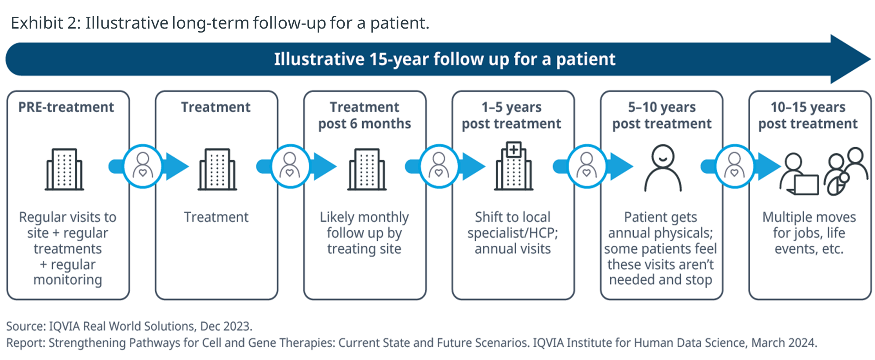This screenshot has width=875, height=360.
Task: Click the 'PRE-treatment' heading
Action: [x=66, y=107]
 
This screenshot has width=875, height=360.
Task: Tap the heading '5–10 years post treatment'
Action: [x=662, y=115]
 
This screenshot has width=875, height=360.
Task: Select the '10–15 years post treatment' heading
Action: [x=808, y=115]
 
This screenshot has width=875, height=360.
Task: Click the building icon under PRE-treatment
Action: [x=64, y=169]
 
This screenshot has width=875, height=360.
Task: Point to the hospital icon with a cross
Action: [x=514, y=166]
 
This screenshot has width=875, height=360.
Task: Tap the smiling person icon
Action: [x=663, y=168]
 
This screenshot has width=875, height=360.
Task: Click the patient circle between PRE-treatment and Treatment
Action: [x=142, y=166]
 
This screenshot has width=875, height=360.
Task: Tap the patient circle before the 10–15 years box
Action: [x=734, y=166]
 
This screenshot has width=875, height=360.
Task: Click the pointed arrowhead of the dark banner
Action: [x=870, y=59]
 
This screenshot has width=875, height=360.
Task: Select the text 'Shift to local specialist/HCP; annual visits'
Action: [x=513, y=233]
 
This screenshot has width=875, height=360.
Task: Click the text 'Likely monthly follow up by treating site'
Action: [x=364, y=233]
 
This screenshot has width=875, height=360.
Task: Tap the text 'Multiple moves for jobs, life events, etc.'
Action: [x=809, y=233]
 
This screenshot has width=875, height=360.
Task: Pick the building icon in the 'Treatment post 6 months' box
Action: [x=367, y=169]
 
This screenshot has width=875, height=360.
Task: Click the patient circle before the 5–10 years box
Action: [x=587, y=166]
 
